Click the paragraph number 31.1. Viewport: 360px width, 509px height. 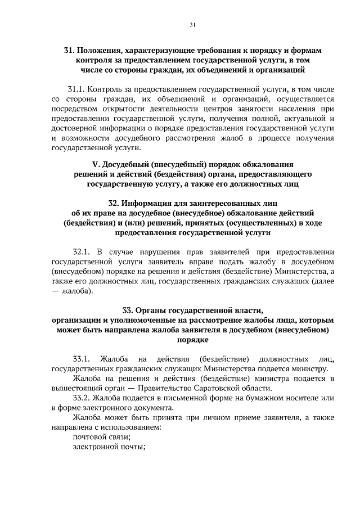pyautogui.click(x=76, y=89)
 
